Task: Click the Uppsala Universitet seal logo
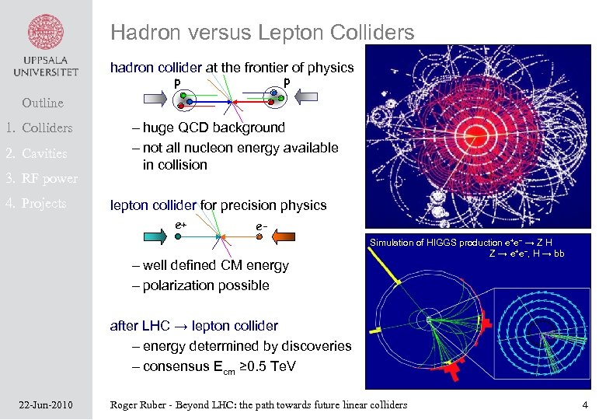pos(46,31)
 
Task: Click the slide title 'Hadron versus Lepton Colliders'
pos(262,33)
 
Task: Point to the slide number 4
pos(585,404)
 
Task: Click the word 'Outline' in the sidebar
pos(43,103)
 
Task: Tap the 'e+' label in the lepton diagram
pos(180,226)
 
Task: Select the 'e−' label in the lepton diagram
pos(262,226)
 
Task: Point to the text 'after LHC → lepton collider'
pos(194,326)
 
